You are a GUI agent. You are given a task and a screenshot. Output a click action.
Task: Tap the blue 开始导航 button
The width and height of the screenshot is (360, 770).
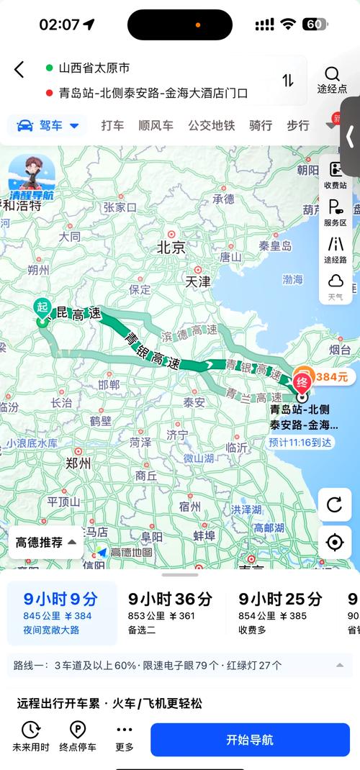point(250,740)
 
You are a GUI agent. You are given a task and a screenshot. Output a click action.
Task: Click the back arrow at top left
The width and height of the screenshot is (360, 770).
point(19,70)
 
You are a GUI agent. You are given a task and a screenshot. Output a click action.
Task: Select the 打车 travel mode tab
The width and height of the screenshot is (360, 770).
point(112,125)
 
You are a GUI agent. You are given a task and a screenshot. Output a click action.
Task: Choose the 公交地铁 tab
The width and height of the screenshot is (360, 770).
point(212,125)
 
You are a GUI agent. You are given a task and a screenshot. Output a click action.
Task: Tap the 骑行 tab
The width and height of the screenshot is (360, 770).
point(261,125)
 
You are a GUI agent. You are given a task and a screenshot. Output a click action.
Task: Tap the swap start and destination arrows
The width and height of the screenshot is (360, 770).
point(288,81)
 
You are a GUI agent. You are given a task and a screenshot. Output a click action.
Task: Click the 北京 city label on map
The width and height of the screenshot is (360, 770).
point(171,248)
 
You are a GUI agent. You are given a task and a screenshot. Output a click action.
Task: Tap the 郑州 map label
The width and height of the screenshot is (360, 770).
point(77,463)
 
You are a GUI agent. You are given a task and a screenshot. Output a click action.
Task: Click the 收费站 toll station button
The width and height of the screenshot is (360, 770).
point(335,175)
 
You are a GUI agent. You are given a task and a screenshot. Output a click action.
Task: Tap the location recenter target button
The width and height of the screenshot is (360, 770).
point(334,542)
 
